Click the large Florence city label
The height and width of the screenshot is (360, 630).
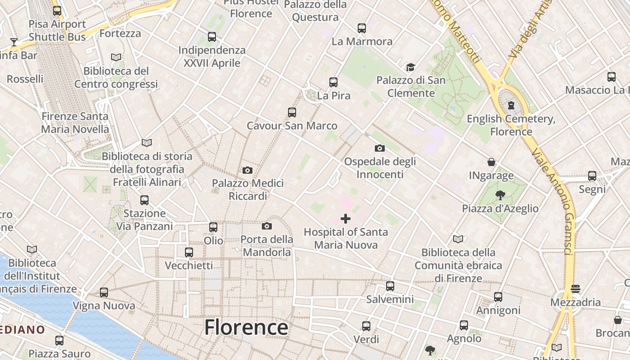coord(246,327)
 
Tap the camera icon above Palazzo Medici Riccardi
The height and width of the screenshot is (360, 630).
coord(247,170)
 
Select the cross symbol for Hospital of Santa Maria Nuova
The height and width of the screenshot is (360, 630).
coord(346,219)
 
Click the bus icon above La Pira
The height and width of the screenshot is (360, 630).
coord(333,82)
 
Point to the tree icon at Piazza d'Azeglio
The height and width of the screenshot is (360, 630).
coord(500,195)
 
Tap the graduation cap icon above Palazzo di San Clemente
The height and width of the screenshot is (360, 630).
coord(410,67)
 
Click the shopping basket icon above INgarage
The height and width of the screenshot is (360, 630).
coord(491,162)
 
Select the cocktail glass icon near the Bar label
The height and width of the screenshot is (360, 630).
coord(14,42)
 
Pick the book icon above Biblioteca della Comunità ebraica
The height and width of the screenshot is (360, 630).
coord(458,239)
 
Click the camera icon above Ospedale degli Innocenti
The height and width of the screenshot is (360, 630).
coord(379,148)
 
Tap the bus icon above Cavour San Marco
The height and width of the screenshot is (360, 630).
coord(292,112)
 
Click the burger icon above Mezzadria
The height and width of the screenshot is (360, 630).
coord(576,288)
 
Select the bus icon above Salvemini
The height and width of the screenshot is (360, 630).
coord(390,286)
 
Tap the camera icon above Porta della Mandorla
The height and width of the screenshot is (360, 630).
coord(267,226)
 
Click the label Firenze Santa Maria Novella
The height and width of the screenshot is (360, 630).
coord(75,123)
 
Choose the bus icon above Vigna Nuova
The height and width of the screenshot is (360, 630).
coord(104,292)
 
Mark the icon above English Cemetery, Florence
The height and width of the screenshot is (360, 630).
coord(511,105)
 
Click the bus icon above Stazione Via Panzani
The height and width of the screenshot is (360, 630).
coord(144,200)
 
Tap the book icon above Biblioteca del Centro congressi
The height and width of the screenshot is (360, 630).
coord(116,58)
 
